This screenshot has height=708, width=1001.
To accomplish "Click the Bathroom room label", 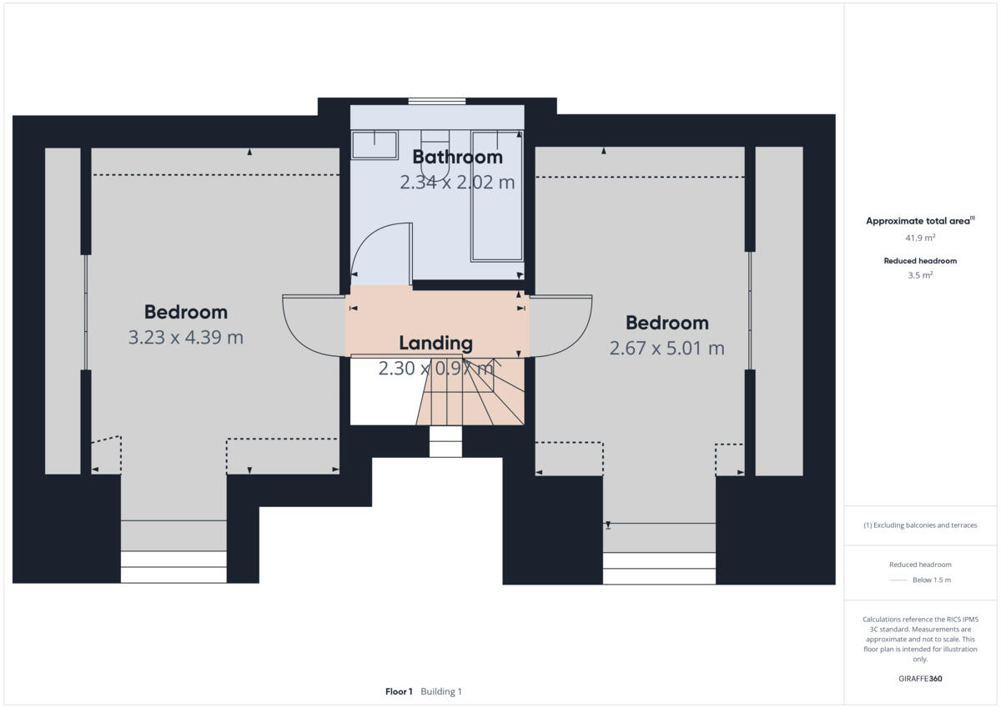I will (x=457, y=157).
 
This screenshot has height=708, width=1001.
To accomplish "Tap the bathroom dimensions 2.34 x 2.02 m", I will (x=457, y=182).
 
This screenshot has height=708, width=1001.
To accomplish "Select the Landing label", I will (x=435, y=343).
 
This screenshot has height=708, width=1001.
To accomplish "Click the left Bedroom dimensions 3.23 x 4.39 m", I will (x=185, y=338).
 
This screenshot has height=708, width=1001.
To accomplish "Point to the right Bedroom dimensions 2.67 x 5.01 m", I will (x=666, y=349).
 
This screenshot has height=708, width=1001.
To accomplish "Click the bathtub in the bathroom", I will (x=497, y=196).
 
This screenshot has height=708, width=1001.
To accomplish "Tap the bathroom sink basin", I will (x=375, y=144).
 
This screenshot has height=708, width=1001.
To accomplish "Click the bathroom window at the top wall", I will (x=436, y=102).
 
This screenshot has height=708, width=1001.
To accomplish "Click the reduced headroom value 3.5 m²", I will (x=920, y=275).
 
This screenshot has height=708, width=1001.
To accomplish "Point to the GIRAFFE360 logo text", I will (x=920, y=679).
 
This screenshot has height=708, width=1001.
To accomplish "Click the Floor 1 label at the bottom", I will (x=399, y=691).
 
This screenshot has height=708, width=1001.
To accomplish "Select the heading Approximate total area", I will (x=918, y=221).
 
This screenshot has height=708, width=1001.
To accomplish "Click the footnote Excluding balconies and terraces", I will (x=920, y=525).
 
